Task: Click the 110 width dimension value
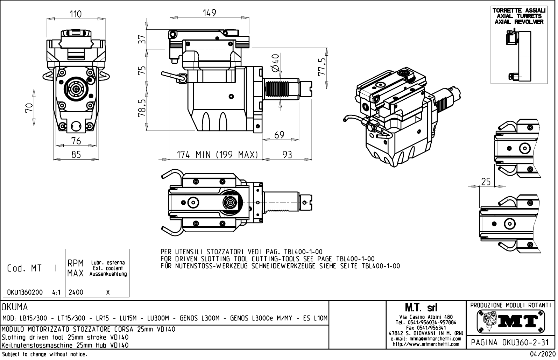pos(76,14)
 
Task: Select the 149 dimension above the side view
pos(210,13)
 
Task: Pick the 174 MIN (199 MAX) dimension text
pos(217,155)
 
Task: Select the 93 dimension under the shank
pos(287,155)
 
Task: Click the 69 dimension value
pos(279,135)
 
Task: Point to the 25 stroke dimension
pos(486,182)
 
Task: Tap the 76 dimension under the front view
pos(76,141)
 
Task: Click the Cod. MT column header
pos(24,269)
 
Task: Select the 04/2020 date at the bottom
pos(543,354)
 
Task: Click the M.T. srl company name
pos(421,308)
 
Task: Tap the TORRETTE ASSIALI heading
pos(519,10)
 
